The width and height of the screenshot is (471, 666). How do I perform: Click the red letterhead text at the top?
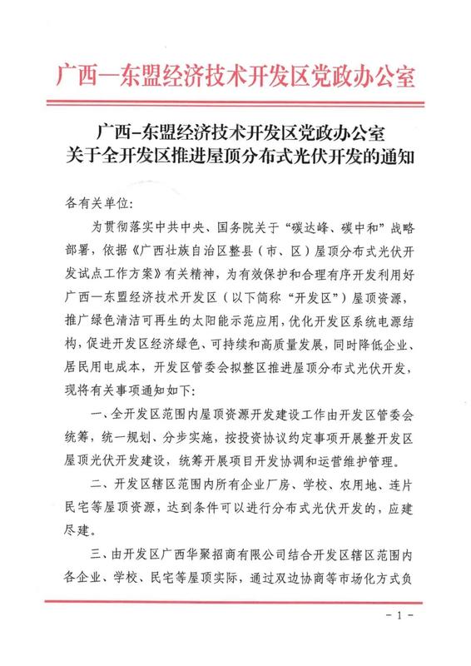click(235, 78)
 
